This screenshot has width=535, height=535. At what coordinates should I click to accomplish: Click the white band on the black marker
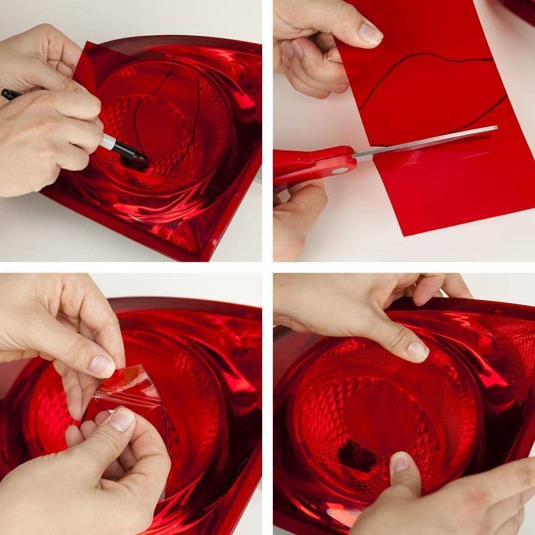click(109, 141)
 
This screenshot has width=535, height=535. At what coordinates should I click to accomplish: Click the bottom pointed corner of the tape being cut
click(408, 233)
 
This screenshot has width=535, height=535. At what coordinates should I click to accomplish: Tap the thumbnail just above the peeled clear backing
click(102, 366)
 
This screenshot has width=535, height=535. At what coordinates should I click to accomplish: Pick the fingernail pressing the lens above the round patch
click(417, 350)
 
